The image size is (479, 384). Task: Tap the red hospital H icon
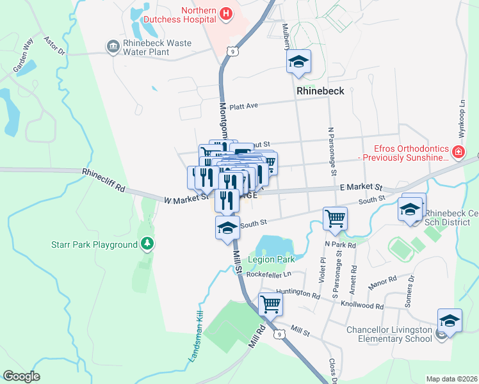click(x=225, y=13)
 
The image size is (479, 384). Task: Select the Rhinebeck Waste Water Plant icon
click(x=113, y=46)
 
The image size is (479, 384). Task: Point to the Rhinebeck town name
click(x=320, y=91)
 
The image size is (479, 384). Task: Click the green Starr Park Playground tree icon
click(x=148, y=244)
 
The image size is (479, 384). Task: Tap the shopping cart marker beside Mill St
click(x=270, y=303)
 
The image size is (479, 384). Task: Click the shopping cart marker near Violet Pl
click(x=335, y=218)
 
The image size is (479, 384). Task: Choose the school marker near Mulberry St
click(x=298, y=61)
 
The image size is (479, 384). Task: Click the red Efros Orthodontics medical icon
click(x=459, y=152)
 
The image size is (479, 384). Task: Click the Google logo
click(x=21, y=376)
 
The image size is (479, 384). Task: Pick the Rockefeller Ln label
click(x=268, y=273)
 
